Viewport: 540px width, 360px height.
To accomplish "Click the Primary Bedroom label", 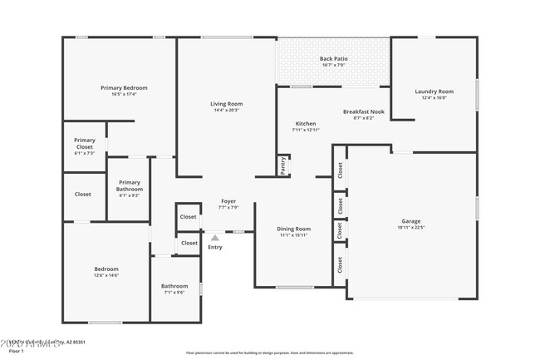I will tap(124, 87).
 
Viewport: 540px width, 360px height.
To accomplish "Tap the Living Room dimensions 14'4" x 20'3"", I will tap(226, 110).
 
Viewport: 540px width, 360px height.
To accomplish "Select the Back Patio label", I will tap(334, 58).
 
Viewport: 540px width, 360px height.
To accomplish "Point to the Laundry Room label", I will tap(434, 91).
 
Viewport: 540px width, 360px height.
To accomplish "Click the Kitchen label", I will tap(305, 123).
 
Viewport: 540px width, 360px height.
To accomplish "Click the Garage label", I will tap(411, 221).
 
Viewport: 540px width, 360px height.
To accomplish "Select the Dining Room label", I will tap(293, 229).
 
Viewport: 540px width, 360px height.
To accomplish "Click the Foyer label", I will tap(228, 200).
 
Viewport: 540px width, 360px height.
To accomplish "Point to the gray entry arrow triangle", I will tap(214, 238).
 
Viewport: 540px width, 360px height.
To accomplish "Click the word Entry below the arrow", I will tap(214, 247).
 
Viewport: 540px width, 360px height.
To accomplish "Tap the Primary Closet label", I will tap(84, 143).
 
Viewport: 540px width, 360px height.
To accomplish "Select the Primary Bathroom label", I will tap(129, 185).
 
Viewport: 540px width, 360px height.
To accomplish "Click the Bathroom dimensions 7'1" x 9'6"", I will tap(174, 293).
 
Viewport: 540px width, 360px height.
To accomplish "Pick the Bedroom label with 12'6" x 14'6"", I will tap(106, 269).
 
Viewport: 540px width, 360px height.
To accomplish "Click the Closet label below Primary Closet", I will tap(83, 195).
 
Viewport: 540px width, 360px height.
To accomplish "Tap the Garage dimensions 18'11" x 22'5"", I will tap(411, 228).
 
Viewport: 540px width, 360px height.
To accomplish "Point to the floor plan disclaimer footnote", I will tap(269, 353).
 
